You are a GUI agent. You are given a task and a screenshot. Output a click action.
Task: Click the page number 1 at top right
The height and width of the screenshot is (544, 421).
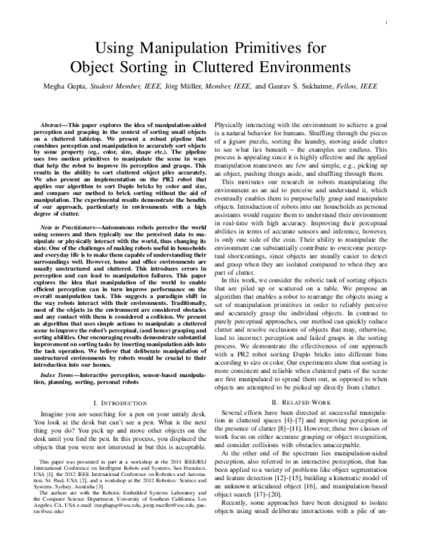point(387,23)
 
